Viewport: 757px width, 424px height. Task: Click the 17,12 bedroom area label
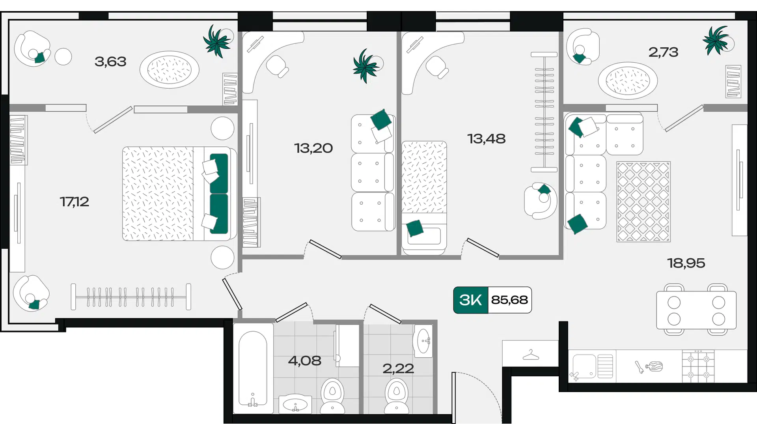click(x=74, y=202)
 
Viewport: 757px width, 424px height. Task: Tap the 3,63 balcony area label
click(x=110, y=62)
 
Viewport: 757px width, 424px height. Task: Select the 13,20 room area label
click(x=313, y=148)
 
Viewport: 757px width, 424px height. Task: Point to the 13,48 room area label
click(x=486, y=139)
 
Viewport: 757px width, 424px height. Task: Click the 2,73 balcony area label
click(x=663, y=52)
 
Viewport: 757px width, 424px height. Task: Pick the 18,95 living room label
click(x=686, y=263)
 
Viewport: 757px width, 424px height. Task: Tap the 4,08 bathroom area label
click(x=304, y=360)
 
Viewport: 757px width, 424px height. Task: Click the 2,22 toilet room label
click(x=398, y=369)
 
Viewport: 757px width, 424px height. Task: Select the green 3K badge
click(x=471, y=300)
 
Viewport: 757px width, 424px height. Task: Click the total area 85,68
click(x=509, y=300)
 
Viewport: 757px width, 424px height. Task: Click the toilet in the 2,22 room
click(x=397, y=396)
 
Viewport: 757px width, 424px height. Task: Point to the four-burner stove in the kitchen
click(x=698, y=366)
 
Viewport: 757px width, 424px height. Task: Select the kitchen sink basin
click(x=584, y=366)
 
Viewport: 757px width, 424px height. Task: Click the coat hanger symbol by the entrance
click(x=531, y=355)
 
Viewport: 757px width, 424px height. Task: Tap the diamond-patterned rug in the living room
click(x=643, y=202)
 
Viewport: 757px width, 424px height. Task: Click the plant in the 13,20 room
click(x=366, y=66)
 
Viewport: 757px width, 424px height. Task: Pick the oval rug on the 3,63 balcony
click(x=170, y=70)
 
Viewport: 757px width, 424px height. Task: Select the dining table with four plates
click(x=696, y=310)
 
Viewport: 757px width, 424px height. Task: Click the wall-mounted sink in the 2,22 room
click(x=423, y=341)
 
